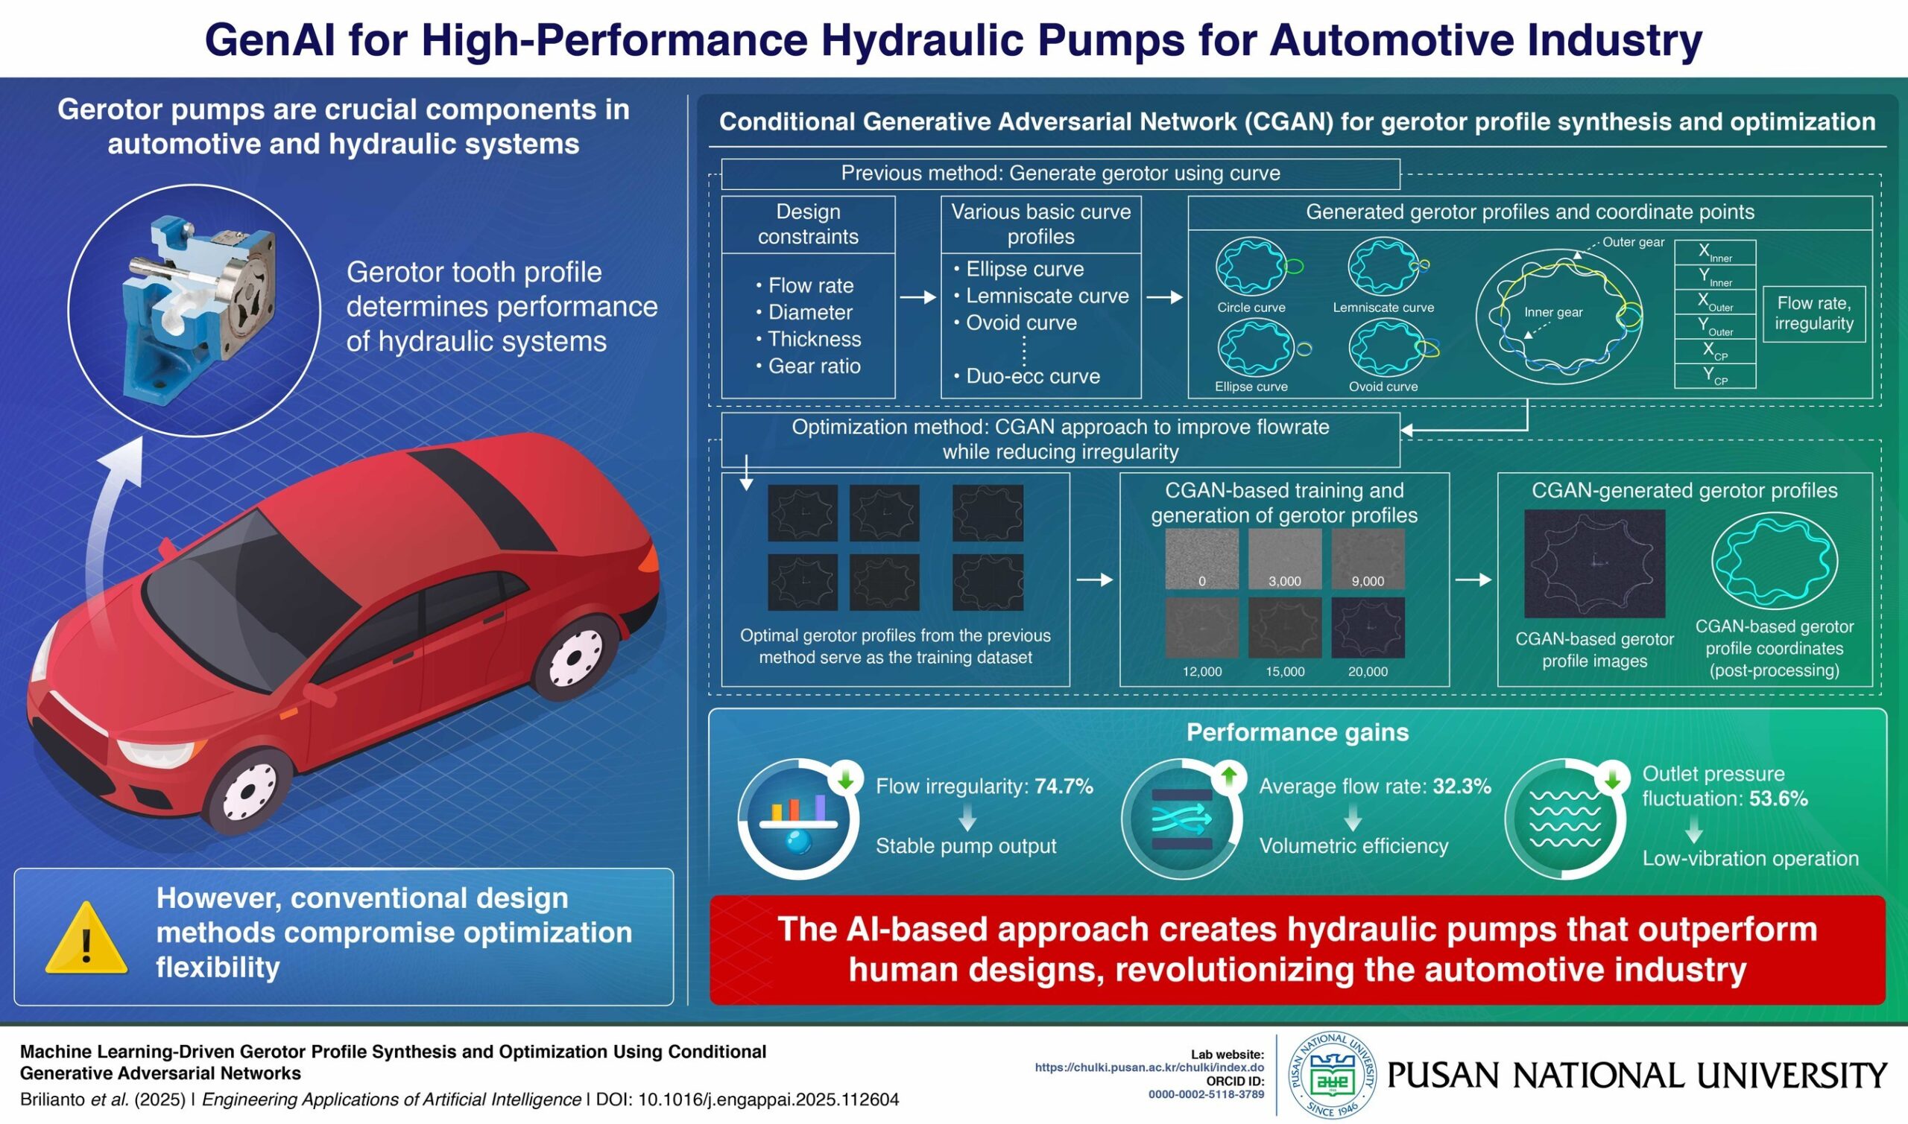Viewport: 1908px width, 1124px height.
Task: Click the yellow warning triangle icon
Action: pos(86,940)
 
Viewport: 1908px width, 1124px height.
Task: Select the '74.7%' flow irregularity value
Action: pos(1063,786)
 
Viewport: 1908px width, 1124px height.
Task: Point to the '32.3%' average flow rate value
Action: pos(1461,786)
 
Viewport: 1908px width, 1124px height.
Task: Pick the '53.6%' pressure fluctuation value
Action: pos(1778,798)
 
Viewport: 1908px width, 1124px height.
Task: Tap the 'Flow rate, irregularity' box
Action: pos(1813,314)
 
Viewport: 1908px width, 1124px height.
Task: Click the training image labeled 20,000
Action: pos(1368,628)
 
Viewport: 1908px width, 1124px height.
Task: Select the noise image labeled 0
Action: pos(1201,559)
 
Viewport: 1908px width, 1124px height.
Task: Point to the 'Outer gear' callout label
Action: pos(1633,242)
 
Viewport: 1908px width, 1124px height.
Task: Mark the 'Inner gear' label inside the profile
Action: pos(1553,312)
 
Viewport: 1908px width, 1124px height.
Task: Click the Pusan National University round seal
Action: pos(1333,1075)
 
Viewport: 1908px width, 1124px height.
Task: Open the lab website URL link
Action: pos(1149,1067)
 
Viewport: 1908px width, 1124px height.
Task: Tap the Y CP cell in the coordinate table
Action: pos(1715,375)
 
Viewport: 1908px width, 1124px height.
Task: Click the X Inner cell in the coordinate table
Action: pos(1715,253)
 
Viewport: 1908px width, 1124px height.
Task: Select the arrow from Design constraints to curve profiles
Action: pos(917,298)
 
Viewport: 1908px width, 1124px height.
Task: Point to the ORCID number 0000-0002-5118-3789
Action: pos(1206,1094)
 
